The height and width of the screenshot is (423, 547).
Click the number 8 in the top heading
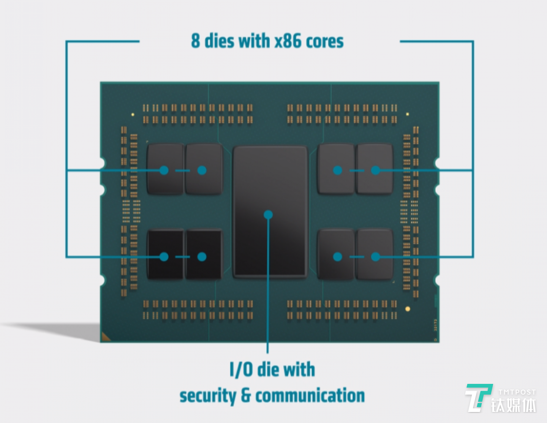(195, 41)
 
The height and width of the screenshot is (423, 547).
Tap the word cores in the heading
(324, 41)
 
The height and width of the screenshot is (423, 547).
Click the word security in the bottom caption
(207, 396)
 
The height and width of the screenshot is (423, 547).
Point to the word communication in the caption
(310, 396)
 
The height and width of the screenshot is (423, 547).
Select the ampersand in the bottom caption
(246, 396)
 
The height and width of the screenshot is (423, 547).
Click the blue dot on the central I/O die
(268, 215)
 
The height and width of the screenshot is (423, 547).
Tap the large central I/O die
(270, 182)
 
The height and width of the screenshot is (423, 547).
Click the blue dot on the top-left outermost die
(164, 170)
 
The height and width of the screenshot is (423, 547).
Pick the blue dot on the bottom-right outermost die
(375, 257)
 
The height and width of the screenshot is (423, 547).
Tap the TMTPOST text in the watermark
(517, 392)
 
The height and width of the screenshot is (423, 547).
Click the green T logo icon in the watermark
(478, 398)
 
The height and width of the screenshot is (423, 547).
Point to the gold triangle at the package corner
(105, 337)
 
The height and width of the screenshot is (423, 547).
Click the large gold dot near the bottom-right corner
(408, 309)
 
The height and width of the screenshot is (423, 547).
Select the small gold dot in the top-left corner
(133, 114)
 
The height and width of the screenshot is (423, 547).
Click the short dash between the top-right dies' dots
(356, 170)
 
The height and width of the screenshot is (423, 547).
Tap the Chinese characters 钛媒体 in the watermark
(513, 406)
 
